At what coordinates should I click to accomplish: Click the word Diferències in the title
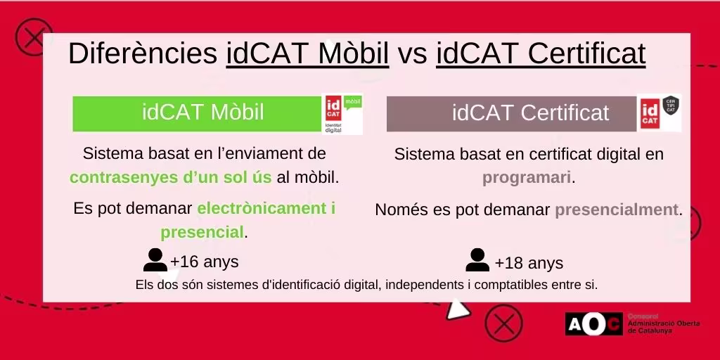143,53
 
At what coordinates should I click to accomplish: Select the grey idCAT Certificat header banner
511,113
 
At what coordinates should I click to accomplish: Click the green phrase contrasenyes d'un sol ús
171,177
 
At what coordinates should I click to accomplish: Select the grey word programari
527,178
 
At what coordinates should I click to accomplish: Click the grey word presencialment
617,210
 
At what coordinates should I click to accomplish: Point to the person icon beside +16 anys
155,260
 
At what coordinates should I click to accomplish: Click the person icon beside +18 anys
477,260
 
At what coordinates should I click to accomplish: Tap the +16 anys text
205,262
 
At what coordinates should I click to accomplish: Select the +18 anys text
529,264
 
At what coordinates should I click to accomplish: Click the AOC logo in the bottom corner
594,323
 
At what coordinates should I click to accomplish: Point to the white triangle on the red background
458,308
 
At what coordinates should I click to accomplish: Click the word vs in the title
412,53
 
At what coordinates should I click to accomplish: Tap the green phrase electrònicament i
266,209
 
